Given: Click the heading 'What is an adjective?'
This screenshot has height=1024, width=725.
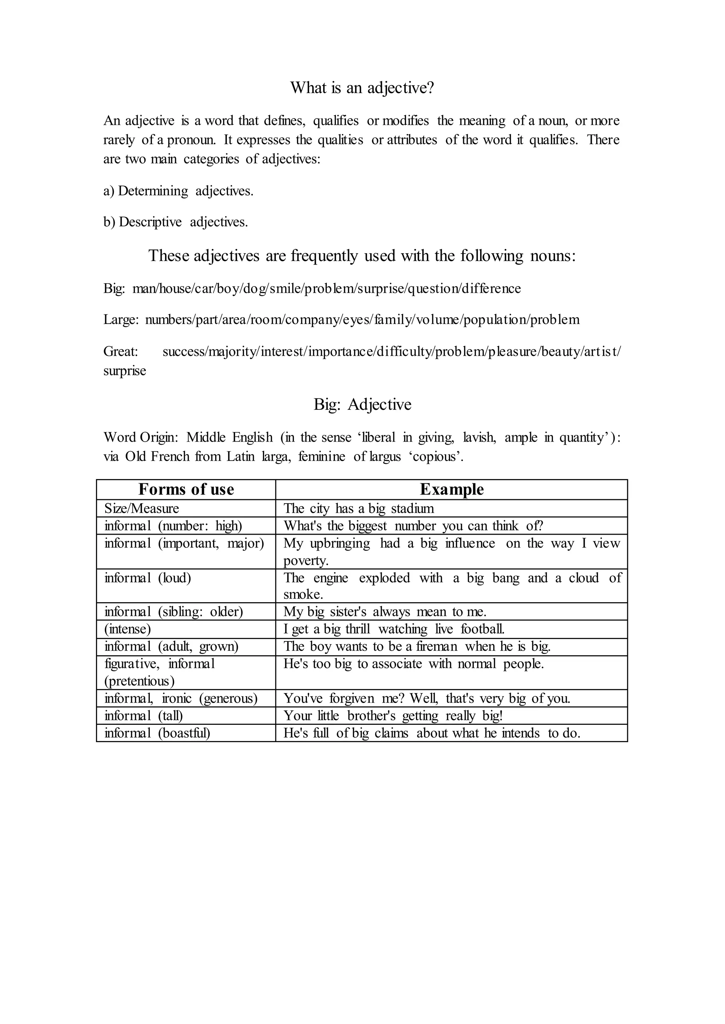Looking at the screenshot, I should [362, 87].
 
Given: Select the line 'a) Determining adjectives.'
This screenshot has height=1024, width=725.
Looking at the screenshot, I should [178, 191].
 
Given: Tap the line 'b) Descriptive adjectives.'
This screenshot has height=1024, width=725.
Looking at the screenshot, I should [176, 222].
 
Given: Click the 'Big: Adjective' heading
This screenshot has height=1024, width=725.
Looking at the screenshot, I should [362, 405].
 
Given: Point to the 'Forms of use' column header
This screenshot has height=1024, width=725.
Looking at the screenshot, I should [186, 489].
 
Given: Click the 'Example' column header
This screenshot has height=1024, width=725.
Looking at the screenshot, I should [451, 489].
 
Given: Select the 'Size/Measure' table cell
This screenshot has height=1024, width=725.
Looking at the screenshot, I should [142, 508].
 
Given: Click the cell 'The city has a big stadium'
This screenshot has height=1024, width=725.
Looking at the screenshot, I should [359, 508].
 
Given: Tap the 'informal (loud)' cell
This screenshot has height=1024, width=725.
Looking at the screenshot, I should [148, 578].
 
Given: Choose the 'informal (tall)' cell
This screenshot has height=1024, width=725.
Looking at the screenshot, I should [144, 716].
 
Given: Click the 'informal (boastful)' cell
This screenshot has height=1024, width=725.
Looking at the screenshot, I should [157, 733].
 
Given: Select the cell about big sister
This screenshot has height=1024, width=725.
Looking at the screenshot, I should [385, 611].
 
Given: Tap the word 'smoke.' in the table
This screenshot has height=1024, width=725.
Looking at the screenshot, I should [303, 594].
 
